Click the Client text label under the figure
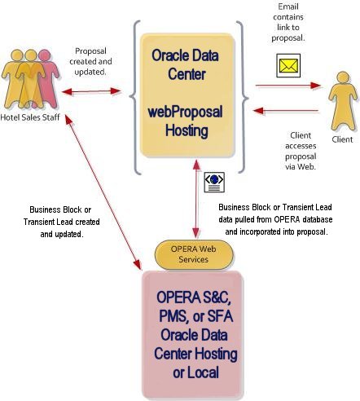point(342,139)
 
